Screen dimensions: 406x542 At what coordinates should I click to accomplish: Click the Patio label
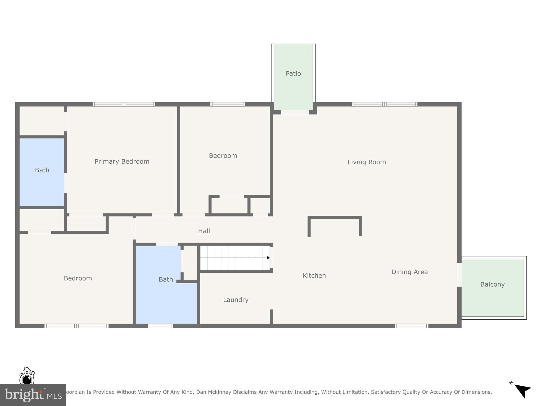click(293, 73)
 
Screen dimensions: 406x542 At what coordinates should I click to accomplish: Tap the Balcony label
click(492, 284)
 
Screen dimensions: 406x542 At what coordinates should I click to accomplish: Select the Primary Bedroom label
click(122, 162)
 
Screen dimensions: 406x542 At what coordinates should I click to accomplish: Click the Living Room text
click(367, 162)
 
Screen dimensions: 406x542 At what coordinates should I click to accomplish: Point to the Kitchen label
click(314, 276)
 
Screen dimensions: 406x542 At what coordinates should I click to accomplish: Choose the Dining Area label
click(409, 272)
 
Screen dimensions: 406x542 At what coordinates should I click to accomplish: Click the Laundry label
click(236, 300)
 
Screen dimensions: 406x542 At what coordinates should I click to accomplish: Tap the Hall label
click(204, 231)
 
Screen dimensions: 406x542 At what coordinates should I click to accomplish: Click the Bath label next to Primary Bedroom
click(42, 170)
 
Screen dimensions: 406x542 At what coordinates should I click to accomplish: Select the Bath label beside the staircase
click(166, 279)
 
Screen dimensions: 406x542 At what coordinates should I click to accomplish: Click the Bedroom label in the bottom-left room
click(78, 278)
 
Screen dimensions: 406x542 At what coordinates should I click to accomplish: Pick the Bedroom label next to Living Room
click(223, 156)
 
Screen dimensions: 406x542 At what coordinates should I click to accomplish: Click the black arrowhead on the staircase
click(268, 258)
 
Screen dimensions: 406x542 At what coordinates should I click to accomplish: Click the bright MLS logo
click(33, 395)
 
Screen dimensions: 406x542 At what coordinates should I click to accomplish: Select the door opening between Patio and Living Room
click(295, 112)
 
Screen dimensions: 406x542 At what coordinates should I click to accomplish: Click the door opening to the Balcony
click(459, 275)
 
